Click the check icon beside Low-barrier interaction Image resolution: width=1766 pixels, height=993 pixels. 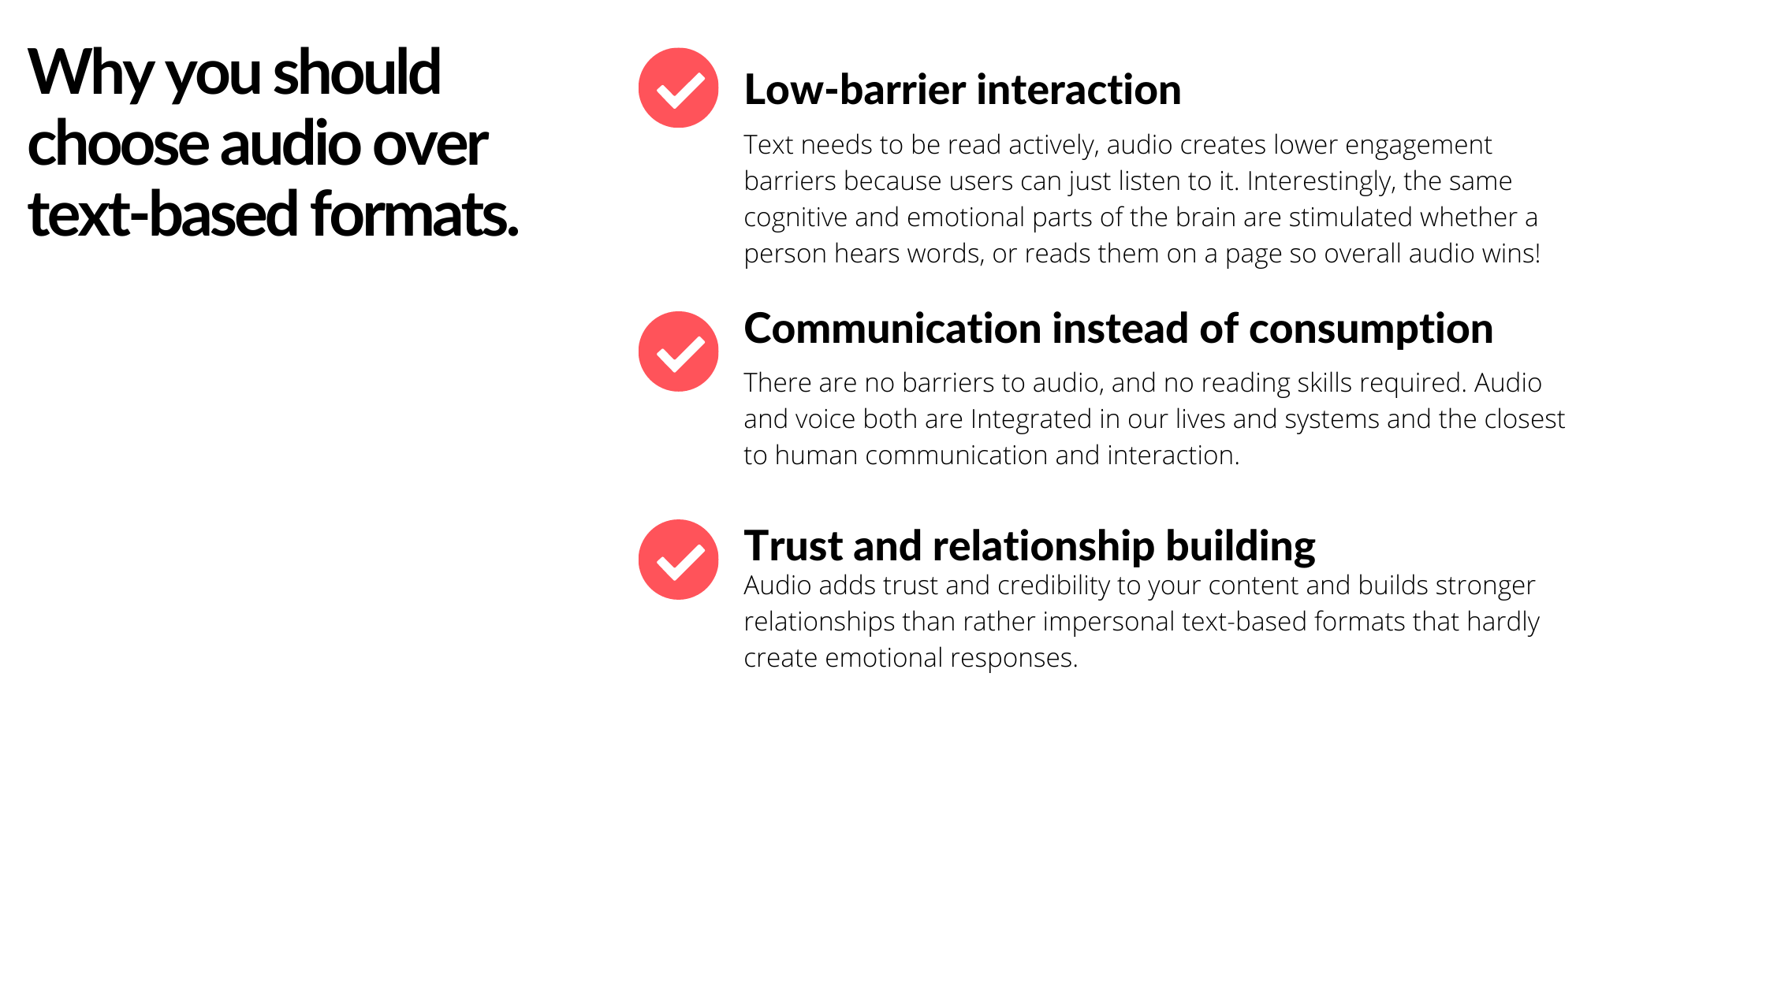678,87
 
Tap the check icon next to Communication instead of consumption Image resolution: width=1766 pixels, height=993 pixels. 678,351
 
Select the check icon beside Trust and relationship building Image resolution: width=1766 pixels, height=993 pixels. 678,560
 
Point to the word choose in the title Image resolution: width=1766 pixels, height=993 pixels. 117,144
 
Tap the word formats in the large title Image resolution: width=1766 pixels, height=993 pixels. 415,214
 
